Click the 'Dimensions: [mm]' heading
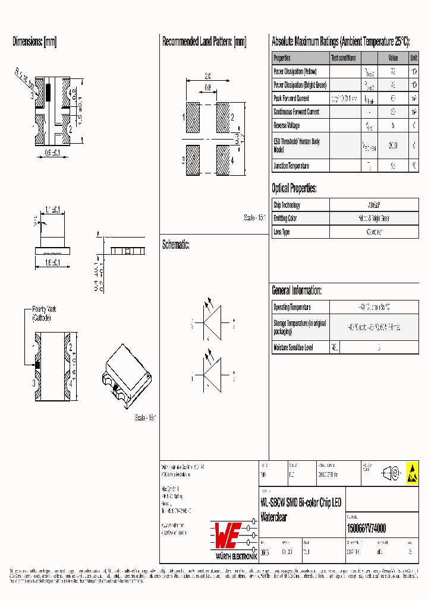pos(34,42)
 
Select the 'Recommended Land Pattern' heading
pos(204,42)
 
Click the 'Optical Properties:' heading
pos(294,189)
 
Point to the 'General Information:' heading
pos(297,290)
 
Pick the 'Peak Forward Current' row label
pos(291,99)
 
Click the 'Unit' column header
pos(413,58)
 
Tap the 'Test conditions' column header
pos(344,58)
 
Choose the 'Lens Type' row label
pos(282,232)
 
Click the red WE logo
pos(227,535)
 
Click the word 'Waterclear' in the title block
pos(274,517)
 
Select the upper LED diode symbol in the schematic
pos(212,324)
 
